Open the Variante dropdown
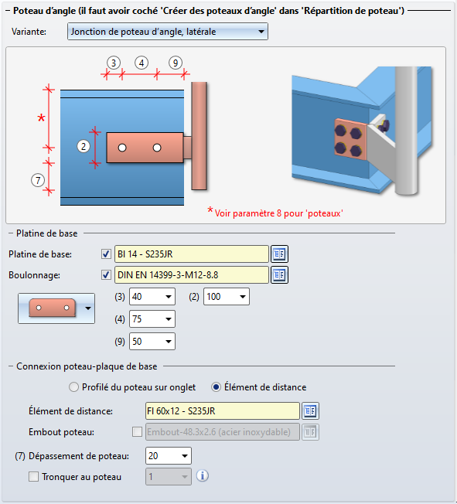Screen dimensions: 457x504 pyautogui.click(x=168, y=32)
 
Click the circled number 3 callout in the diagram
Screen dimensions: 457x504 pyautogui.click(x=114, y=63)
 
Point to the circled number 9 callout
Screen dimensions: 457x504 pyautogui.click(x=176, y=63)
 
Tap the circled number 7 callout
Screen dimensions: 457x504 pyautogui.click(x=38, y=180)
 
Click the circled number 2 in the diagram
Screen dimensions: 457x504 pyautogui.click(x=84, y=147)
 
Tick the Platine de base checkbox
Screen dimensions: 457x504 pyautogui.click(x=106, y=254)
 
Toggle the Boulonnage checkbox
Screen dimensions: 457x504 pyautogui.click(x=106, y=275)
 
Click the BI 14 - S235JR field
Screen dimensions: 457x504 pyautogui.click(x=191, y=254)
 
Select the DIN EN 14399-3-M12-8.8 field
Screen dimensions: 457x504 pyautogui.click(x=191, y=275)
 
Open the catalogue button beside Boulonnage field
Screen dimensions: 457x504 pyautogui.click(x=279, y=275)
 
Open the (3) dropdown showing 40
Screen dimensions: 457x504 pyautogui.click(x=152, y=296)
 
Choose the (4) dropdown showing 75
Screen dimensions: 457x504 pyautogui.click(x=152, y=318)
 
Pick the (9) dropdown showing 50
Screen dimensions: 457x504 pyautogui.click(x=152, y=342)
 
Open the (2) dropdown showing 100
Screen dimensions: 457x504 pyautogui.click(x=227, y=296)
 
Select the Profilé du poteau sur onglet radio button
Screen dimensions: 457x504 pyautogui.click(x=73, y=387)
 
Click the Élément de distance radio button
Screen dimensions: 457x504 pyautogui.click(x=216, y=387)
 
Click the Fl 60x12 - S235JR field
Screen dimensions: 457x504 pyautogui.click(x=222, y=410)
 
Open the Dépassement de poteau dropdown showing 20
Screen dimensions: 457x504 pyautogui.click(x=169, y=456)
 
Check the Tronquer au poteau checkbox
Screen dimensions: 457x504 pyautogui.click(x=33, y=476)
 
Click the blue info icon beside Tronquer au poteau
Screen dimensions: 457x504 pyautogui.click(x=203, y=475)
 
